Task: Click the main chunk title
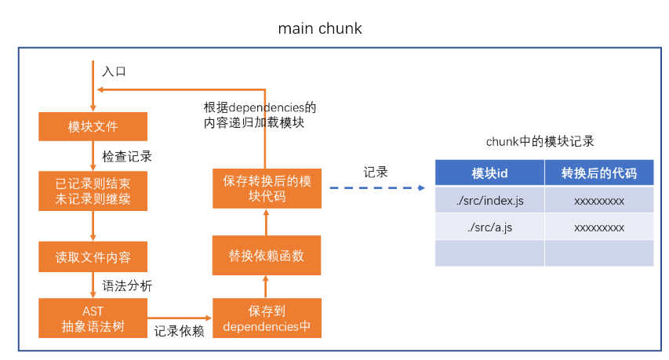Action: click(x=320, y=28)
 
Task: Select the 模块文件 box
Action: click(x=93, y=126)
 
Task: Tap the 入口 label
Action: click(x=114, y=71)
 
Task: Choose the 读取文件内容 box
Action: click(x=93, y=256)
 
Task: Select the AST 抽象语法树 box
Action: click(x=93, y=318)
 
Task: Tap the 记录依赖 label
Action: click(x=179, y=331)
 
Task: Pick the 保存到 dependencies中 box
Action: click(x=267, y=318)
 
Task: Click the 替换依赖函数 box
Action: click(x=267, y=256)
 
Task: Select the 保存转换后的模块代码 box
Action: click(x=267, y=188)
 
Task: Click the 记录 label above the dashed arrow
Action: click(x=376, y=172)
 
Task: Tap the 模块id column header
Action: click(x=489, y=173)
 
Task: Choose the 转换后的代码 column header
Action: click(x=599, y=173)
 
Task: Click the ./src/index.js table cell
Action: click(x=489, y=201)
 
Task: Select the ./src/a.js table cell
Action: click(x=489, y=227)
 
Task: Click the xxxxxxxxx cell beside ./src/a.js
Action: click(x=599, y=227)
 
